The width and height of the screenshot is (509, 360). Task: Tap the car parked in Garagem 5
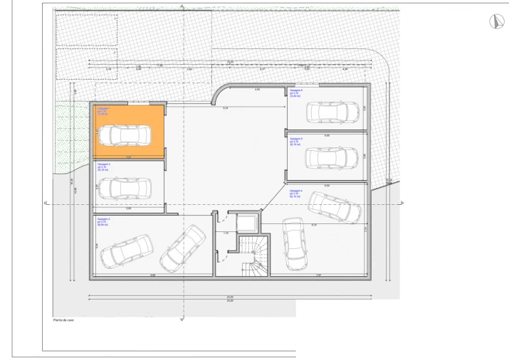[x=332, y=157]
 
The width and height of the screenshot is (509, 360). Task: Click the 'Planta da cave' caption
[x=64, y=320]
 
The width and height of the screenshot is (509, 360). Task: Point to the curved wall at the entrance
[x=219, y=96]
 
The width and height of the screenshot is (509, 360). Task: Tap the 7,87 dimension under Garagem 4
[x=318, y=275]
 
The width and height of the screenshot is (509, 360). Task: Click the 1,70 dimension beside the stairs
[x=225, y=233]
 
